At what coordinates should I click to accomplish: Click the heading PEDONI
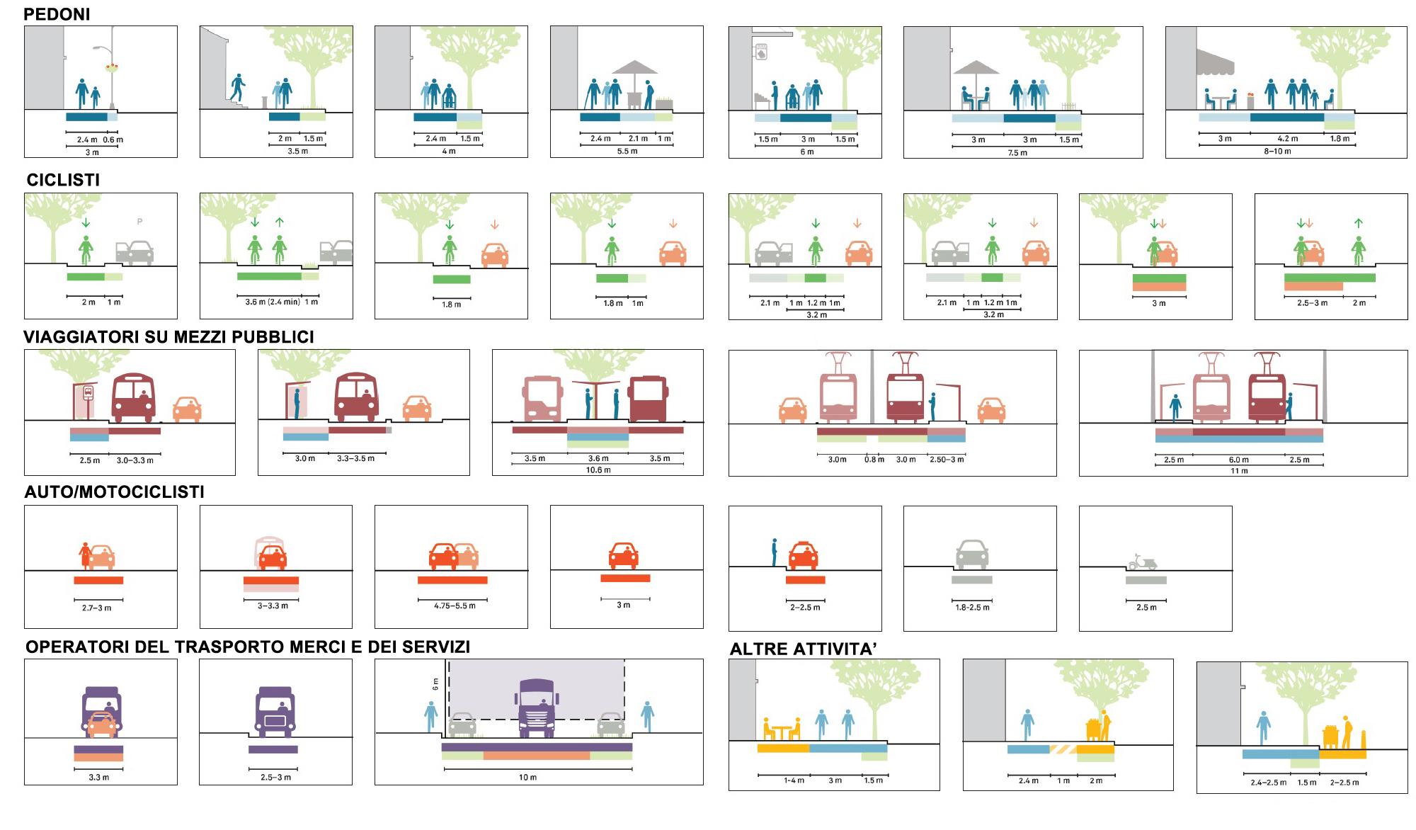click(x=57, y=14)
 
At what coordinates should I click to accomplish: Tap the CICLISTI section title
click(x=63, y=180)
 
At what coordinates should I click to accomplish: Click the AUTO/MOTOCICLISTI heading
click(x=114, y=492)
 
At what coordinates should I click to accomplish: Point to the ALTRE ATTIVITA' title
click(x=804, y=649)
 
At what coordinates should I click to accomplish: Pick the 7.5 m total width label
click(x=1017, y=152)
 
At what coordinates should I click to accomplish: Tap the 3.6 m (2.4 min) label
click(x=273, y=302)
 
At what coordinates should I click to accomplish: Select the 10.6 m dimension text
click(x=598, y=470)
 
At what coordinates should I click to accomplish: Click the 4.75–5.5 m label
click(x=455, y=606)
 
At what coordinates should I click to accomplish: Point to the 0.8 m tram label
click(x=874, y=460)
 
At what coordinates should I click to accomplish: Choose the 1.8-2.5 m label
click(x=972, y=607)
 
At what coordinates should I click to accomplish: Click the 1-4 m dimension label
click(x=794, y=780)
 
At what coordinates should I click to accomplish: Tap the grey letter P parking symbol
click(x=139, y=222)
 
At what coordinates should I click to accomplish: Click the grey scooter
click(x=1142, y=562)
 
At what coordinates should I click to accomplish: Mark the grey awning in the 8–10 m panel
click(x=1215, y=63)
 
